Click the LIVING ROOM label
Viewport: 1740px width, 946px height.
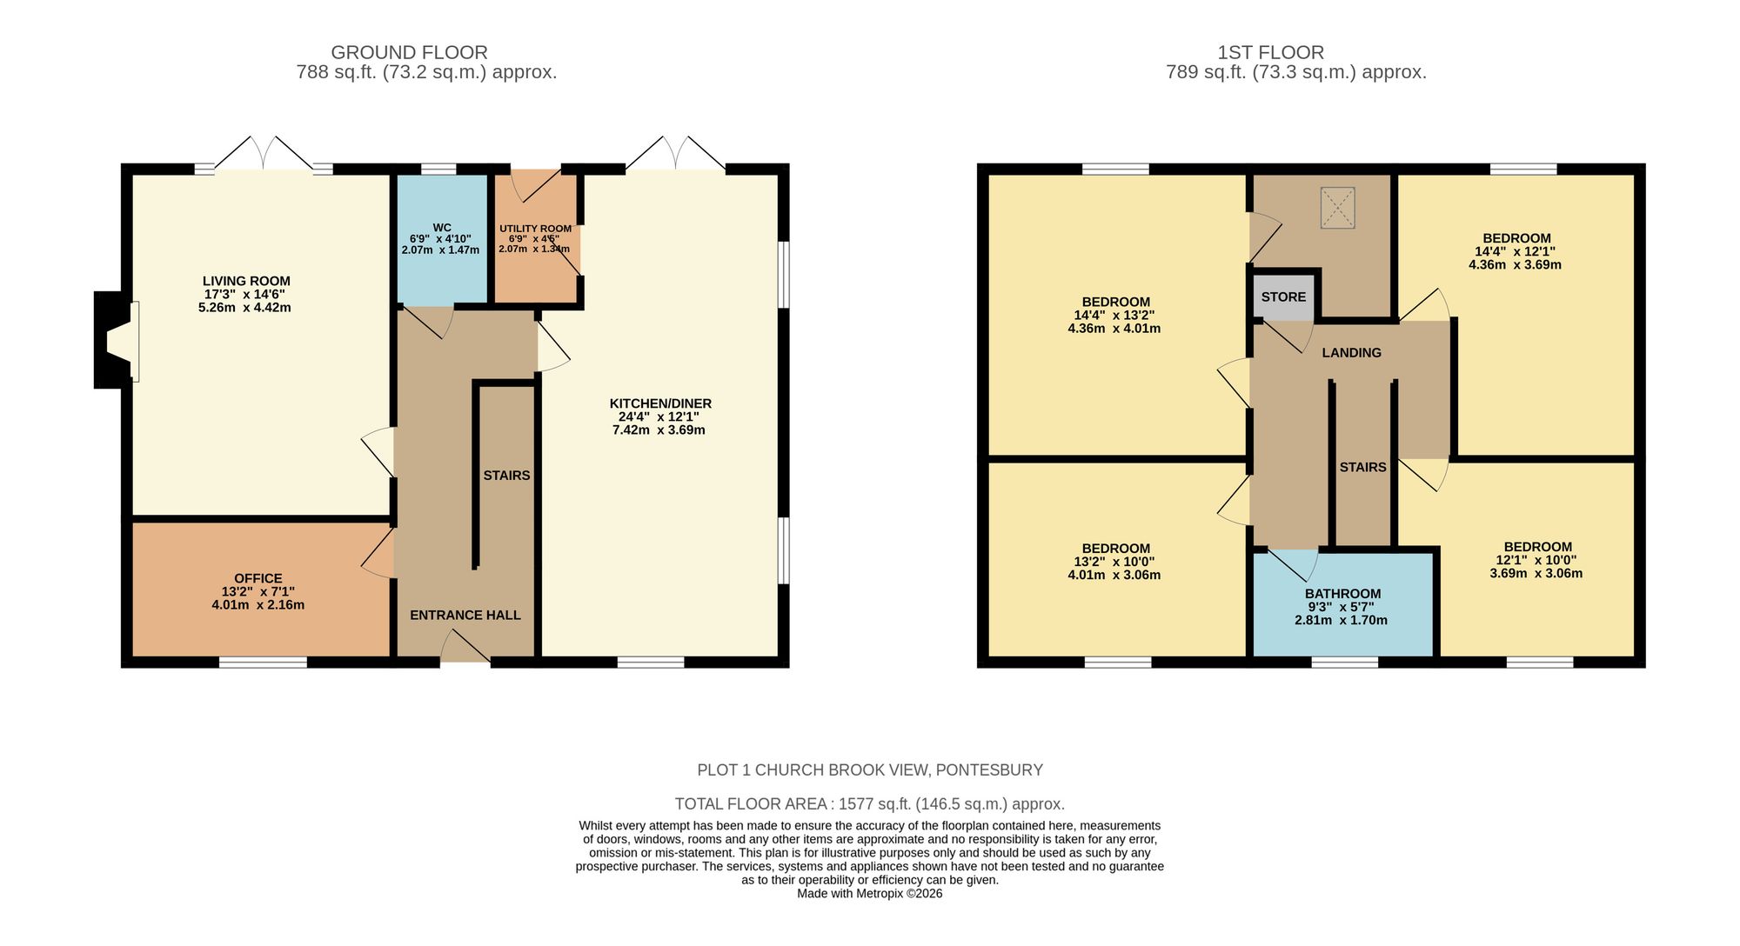point(246,281)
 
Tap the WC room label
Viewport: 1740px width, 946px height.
point(441,228)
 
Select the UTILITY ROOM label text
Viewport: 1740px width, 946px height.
point(535,229)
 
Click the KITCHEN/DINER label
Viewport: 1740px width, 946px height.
point(660,403)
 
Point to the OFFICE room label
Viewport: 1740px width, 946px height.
point(258,578)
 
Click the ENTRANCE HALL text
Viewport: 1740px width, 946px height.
point(465,615)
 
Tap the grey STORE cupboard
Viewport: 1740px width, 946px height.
point(1283,296)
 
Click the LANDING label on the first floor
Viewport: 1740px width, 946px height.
point(1351,352)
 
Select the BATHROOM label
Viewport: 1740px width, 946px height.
point(1342,594)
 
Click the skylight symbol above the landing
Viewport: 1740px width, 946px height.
point(1337,208)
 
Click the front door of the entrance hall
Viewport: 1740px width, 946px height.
point(465,648)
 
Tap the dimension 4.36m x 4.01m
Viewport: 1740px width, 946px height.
point(1114,329)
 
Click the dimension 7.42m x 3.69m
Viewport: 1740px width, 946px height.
point(659,430)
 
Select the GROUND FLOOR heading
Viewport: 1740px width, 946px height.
point(409,52)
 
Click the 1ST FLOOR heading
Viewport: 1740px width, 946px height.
point(1270,52)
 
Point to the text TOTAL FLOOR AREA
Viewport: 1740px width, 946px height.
point(753,804)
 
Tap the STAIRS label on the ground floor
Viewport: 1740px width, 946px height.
point(506,476)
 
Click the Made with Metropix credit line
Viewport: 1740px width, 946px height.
point(869,893)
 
